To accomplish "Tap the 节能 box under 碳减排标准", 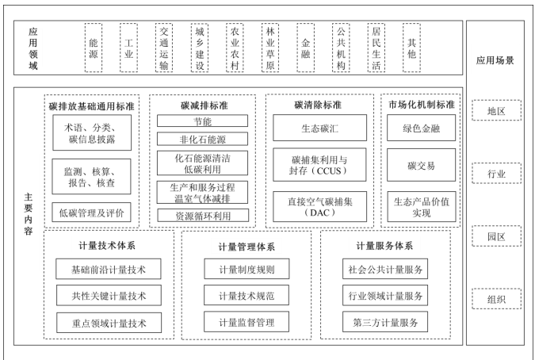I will (202, 121).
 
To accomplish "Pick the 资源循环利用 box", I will (202, 215).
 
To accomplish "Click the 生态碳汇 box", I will (319, 127).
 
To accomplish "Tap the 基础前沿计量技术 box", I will (101, 269).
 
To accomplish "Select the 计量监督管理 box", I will (246, 322).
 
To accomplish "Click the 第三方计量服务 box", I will (385, 322).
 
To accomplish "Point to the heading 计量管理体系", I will (246, 246).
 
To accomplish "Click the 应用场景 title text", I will (495, 59).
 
